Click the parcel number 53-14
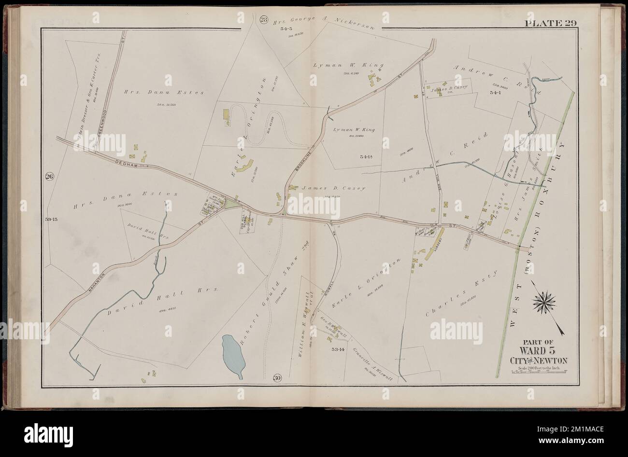pyautogui.click(x=337, y=349)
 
